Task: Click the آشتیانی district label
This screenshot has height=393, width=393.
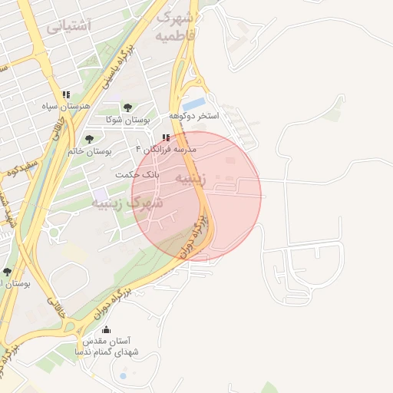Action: [68, 26]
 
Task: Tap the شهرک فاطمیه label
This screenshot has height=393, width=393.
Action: [177, 25]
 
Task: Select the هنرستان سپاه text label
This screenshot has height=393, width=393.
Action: [64, 105]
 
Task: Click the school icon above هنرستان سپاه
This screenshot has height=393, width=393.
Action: [65, 94]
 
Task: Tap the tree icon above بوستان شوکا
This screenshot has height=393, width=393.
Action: [127, 108]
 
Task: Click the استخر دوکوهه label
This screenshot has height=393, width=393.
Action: [197, 115]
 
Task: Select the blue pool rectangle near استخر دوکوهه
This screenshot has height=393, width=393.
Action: [194, 102]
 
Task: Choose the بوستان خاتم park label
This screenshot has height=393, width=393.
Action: [90, 151]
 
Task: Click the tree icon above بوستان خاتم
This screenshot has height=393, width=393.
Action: [90, 140]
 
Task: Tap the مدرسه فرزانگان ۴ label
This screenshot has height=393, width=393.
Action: [166, 148]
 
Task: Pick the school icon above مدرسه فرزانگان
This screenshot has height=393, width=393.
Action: [166, 138]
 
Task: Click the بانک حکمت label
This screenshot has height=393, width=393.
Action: [137, 174]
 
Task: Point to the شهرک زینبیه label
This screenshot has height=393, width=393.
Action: [127, 203]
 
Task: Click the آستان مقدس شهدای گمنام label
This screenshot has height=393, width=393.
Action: [104, 345]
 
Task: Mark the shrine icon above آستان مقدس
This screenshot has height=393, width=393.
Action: [106, 329]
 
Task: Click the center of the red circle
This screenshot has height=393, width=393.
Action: [196, 196]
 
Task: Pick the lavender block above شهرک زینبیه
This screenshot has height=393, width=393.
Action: [100, 193]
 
